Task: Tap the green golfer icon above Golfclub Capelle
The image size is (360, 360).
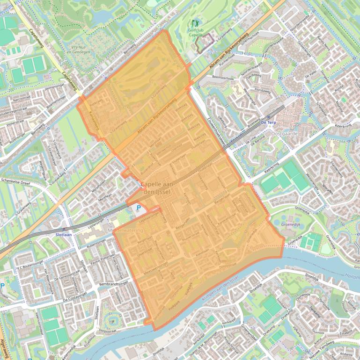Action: click(x=196, y=23)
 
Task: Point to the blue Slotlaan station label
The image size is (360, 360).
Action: click(x=64, y=234)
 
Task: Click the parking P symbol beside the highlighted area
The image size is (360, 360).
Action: click(x=138, y=208)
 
